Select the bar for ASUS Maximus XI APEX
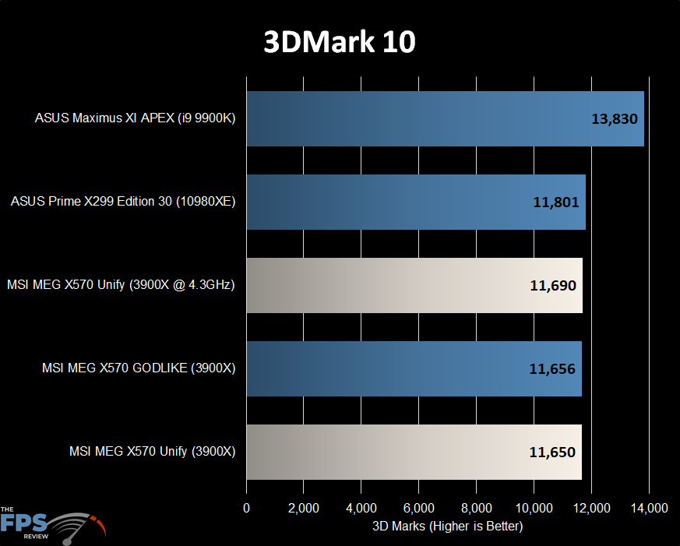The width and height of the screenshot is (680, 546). click(445, 119)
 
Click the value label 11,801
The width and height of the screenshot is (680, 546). click(556, 203)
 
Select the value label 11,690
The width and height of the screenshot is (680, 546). click(553, 286)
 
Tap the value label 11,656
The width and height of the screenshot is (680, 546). click(552, 368)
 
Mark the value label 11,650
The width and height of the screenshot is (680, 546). click(552, 452)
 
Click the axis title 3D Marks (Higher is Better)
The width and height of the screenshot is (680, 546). click(447, 527)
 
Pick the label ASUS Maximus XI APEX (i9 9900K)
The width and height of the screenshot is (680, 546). click(135, 119)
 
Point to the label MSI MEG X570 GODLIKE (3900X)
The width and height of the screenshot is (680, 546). click(139, 368)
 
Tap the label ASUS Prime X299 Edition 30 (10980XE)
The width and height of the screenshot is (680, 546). click(123, 203)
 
